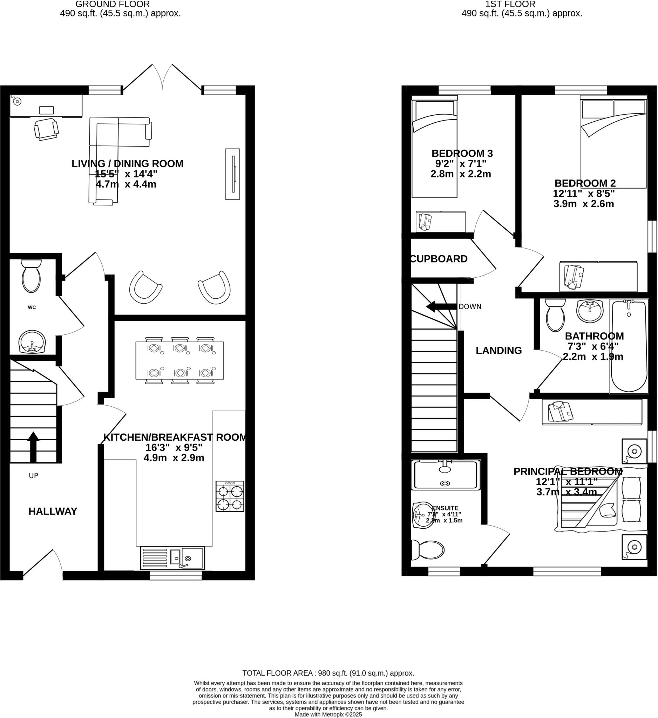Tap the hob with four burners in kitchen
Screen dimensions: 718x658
(230, 496)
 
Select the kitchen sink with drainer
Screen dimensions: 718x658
(173, 558)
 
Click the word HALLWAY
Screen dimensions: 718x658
(53, 512)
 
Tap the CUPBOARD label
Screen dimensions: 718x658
(439, 259)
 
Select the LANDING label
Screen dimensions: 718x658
(498, 351)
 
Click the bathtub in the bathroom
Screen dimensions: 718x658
(629, 346)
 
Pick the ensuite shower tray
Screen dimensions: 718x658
(445, 475)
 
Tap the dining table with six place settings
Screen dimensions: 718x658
(179, 360)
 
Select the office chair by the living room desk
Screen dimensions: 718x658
(46, 129)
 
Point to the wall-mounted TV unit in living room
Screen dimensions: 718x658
(232, 174)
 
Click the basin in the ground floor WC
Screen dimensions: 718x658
(32, 342)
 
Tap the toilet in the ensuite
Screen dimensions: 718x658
(427, 550)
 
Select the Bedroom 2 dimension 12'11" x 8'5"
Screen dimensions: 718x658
(584, 194)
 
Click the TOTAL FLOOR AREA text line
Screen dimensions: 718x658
(328, 673)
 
